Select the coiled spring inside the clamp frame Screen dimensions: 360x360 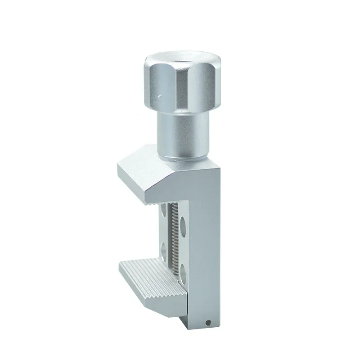173,238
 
